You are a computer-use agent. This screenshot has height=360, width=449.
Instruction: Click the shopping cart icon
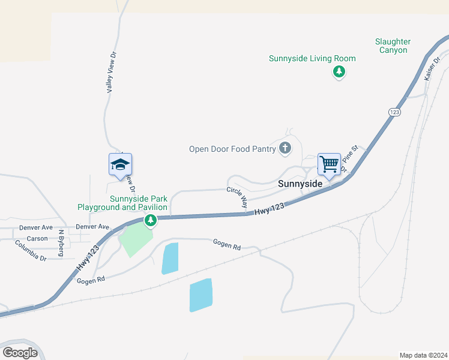pos(329,163)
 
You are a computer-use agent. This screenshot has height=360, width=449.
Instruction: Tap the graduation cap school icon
pos(120,164)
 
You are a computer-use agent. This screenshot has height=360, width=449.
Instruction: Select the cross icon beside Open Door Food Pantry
pos(285,148)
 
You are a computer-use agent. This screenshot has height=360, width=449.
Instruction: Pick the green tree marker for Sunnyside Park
pos(151,221)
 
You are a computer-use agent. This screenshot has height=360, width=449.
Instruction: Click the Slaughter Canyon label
pos(393,46)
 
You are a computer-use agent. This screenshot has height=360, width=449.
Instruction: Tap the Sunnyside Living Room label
pos(312,58)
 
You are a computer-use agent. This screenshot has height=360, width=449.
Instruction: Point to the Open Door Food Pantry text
pos(232,149)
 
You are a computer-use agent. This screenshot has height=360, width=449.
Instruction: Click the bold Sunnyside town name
pos(301,184)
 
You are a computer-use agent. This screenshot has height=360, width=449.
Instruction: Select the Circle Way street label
pos(237,197)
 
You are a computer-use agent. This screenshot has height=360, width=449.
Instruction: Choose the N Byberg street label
pos(61,243)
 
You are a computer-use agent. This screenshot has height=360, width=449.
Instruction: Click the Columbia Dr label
pos(31,250)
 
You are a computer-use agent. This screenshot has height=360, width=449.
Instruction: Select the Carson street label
pos(37,238)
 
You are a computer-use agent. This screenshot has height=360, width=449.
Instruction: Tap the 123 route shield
pos(394,112)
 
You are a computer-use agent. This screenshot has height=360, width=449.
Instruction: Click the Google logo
pos(20,353)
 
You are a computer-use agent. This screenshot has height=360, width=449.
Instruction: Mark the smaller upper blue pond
pos(170,259)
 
